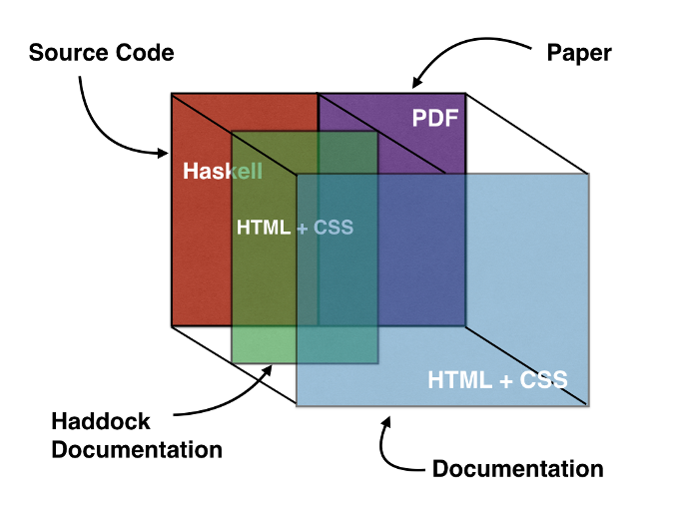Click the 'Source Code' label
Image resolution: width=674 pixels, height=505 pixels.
pos(101,52)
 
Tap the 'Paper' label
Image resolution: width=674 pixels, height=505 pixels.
pos(579,52)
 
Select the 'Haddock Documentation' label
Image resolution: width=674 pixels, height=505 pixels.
pos(137,435)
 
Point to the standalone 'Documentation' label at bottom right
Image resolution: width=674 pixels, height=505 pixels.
pos(517,468)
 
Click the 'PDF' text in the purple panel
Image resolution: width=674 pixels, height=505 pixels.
pos(434,119)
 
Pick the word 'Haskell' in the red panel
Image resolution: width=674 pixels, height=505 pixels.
pos(222,172)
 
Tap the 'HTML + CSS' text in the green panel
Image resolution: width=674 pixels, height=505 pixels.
pos(295,228)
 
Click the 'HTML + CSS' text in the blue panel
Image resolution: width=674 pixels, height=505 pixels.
pos(497,380)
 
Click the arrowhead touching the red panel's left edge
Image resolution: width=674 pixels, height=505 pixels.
pos(163,153)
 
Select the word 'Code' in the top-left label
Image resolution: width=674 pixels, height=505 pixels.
pos(147,52)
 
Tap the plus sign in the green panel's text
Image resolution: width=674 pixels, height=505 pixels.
pos(301,228)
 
